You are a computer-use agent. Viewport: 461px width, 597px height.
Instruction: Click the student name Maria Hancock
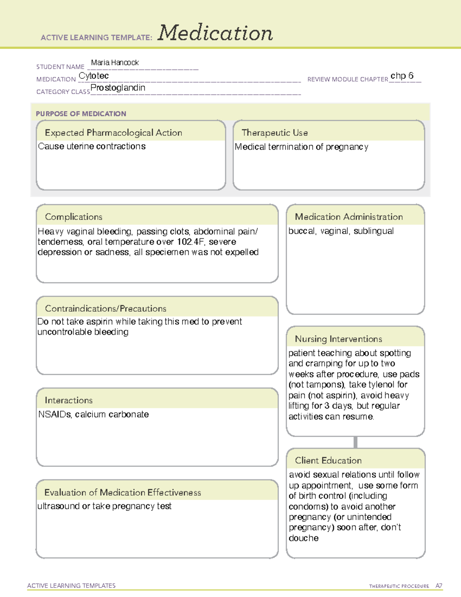114,63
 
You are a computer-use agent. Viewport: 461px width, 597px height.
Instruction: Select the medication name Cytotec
94,76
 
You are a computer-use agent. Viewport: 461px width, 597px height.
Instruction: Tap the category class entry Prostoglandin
118,88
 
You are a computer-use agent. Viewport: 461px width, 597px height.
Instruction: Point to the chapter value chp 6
402,76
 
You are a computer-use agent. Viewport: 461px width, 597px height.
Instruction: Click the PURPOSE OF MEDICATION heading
81,114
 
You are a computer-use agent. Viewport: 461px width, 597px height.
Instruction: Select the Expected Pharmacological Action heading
113,133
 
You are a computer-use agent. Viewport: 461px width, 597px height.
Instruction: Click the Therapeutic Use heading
274,133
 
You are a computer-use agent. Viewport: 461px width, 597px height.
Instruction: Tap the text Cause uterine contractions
92,146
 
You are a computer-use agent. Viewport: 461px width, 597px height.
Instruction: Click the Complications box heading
73,217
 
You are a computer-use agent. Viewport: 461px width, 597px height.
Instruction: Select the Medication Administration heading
348,217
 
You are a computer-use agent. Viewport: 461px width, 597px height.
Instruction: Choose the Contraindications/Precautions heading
105,308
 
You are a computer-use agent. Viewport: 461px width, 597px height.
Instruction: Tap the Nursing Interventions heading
338,339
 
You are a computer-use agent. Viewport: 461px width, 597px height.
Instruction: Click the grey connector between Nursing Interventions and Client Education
355,442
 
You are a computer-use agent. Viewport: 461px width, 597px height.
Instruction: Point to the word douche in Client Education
303,538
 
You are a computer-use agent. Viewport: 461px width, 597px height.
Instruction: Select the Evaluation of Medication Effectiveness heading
123,492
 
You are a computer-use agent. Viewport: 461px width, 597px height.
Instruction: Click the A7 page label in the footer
439,586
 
